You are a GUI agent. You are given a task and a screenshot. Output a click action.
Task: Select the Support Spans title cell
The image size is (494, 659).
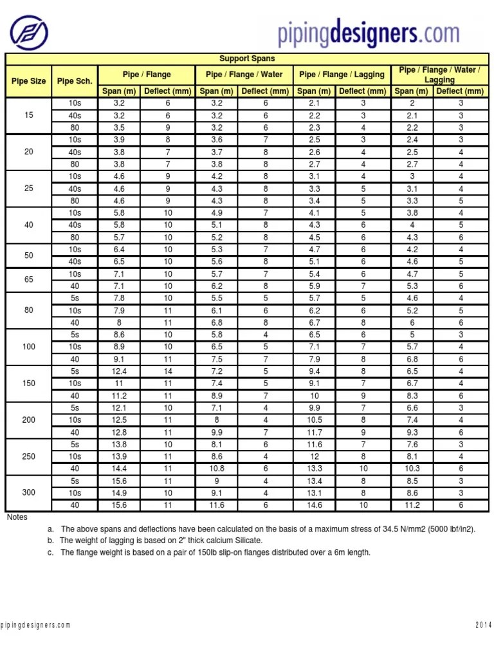(246, 59)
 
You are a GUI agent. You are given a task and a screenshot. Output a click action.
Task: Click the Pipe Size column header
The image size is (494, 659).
(29, 81)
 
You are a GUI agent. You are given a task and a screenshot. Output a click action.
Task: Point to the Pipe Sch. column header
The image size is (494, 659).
(75, 81)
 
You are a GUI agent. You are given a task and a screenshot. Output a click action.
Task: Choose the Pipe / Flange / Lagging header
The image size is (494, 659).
(342, 75)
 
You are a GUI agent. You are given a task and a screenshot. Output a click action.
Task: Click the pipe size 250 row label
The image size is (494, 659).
(29, 456)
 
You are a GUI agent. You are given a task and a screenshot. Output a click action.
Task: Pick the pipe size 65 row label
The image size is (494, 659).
(29, 280)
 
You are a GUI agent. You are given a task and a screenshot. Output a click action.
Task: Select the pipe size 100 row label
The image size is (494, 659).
(29, 347)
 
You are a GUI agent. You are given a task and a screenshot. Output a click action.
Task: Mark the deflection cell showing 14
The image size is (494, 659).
(168, 371)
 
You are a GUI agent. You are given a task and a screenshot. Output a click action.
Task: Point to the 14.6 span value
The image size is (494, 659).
(315, 505)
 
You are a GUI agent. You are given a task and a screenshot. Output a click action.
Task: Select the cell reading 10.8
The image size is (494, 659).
(217, 469)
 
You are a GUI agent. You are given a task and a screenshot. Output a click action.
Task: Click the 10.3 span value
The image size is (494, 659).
(412, 469)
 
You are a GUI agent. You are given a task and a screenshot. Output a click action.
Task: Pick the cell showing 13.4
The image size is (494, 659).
(315, 481)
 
